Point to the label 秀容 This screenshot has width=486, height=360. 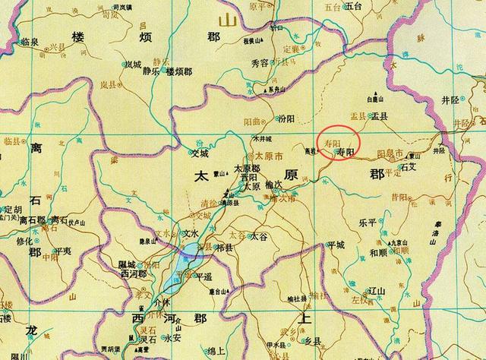click(x=257, y=64)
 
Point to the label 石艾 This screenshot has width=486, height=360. click(x=409, y=162)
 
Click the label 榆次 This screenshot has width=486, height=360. click(x=273, y=184)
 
